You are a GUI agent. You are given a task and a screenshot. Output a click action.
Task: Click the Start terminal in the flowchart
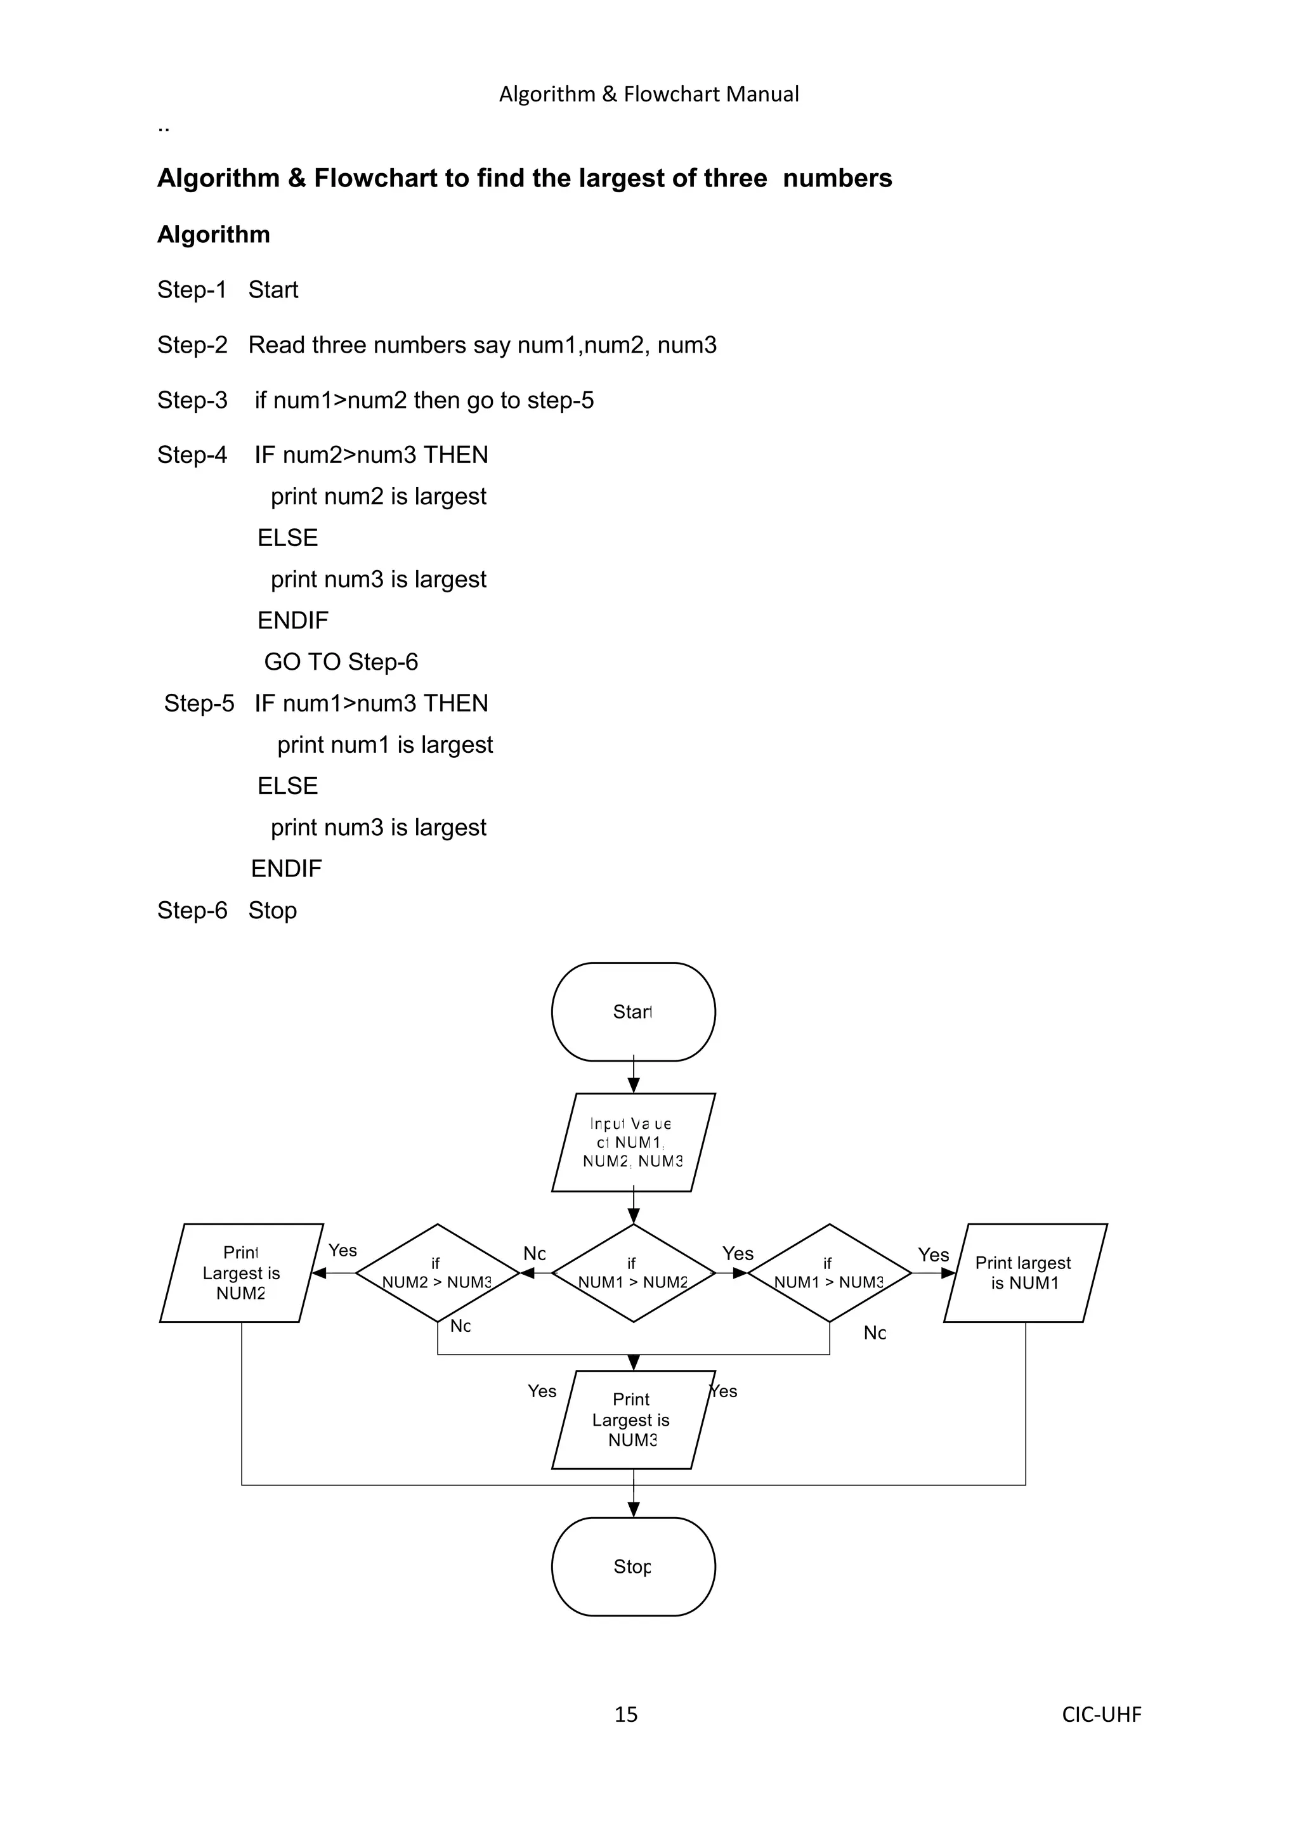pos(633,1012)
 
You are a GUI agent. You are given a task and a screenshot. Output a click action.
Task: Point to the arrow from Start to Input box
pos(633,1076)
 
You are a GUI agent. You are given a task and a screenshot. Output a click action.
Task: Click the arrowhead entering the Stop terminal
pos(633,1509)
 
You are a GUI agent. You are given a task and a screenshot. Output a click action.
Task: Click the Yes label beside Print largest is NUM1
pos(932,1254)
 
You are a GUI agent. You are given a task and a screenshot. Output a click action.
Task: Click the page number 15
pos(625,1714)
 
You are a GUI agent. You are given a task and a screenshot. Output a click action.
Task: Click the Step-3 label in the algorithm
pos(192,400)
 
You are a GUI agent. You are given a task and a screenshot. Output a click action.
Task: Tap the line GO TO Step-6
pos(341,662)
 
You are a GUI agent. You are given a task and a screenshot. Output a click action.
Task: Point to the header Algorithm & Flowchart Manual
pos(649,94)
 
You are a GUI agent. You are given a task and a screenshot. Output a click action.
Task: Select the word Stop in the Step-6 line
pos(272,910)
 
